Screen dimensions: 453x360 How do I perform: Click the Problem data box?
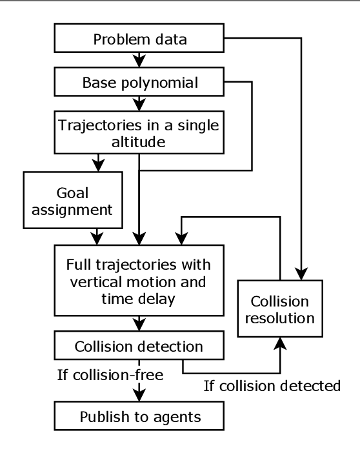140,39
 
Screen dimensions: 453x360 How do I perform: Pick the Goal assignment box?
73,200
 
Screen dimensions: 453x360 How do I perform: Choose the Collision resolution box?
279,310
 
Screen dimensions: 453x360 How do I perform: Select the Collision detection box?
140,346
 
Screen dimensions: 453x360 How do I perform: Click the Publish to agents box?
140,417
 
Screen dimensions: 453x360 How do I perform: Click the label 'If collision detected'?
272,387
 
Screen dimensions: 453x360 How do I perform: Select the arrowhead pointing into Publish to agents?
140,396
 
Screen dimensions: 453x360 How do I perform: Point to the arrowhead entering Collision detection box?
140,325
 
